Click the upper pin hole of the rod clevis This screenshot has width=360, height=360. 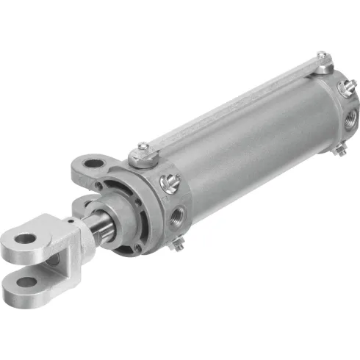coord(26,238)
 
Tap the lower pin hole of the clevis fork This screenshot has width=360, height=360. coord(27,281)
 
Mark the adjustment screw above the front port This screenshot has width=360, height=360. coord(170,179)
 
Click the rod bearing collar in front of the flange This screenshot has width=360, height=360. coord(118,220)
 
